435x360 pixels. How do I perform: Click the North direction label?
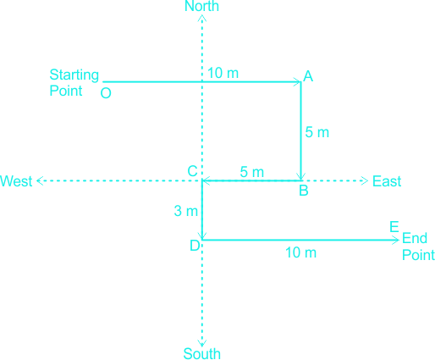click(201, 6)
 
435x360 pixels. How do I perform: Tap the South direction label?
click(202, 353)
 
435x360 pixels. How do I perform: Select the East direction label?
click(387, 181)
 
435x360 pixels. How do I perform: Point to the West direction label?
click(16, 181)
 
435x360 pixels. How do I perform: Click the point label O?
click(106, 93)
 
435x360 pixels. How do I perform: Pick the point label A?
click(308, 76)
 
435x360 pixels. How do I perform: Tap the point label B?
click(304, 191)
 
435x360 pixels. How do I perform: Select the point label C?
click(192, 171)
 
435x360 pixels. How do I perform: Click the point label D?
click(195, 246)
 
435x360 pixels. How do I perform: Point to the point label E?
click(394, 226)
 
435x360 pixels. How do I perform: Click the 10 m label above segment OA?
click(223, 73)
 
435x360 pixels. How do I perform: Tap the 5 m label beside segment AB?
click(317, 132)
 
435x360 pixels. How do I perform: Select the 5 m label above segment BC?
click(252, 172)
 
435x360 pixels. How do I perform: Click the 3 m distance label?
click(186, 211)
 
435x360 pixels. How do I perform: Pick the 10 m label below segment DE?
click(300, 252)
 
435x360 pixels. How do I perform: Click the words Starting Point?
click(74, 83)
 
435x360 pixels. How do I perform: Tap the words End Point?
click(418, 246)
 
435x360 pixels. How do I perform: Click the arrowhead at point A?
click(298, 82)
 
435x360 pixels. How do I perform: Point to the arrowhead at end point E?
click(395, 241)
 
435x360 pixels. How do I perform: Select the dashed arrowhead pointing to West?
click(40, 180)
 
